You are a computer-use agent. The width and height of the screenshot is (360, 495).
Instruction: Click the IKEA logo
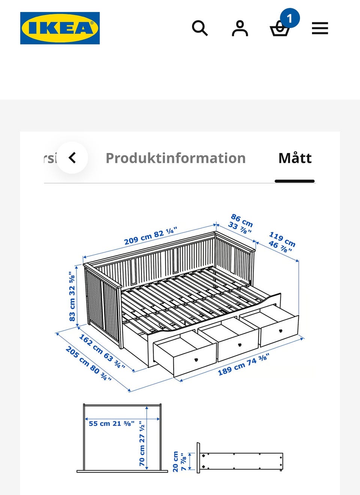click(60, 28)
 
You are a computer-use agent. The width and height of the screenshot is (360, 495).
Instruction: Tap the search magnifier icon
click(200, 28)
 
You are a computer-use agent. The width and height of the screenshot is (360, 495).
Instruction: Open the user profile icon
click(240, 28)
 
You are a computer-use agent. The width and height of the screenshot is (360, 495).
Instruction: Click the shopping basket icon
click(280, 29)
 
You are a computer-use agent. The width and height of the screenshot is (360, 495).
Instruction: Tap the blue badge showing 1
click(290, 18)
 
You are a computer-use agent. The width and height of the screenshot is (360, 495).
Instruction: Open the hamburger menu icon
click(320, 28)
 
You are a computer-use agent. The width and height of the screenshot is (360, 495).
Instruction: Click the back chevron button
click(72, 158)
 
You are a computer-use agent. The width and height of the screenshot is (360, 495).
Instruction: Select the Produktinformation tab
click(176, 158)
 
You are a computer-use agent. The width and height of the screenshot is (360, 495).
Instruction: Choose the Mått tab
click(295, 158)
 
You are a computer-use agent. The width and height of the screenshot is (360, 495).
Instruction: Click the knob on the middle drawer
click(240, 345)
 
